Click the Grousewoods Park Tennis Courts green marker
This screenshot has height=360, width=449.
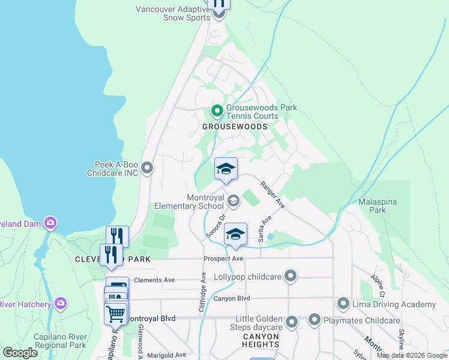pos(217,111)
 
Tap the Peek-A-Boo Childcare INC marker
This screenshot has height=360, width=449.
pos(148,168)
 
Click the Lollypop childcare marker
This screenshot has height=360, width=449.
pos(291,277)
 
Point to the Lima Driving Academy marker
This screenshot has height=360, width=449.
pos(343,304)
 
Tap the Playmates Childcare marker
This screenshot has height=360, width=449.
pos(315,320)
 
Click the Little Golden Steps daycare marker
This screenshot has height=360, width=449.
pos(292,322)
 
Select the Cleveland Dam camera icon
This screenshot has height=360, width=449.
pos(50,223)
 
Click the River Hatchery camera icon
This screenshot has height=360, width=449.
pos(60,304)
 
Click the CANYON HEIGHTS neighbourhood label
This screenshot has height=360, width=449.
pos(261,341)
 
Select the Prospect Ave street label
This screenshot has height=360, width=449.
pos(223,259)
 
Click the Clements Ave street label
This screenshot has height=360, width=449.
pos(154,280)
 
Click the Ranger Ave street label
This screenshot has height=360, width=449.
pos(272,195)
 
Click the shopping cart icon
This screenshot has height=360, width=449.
pos(115,313)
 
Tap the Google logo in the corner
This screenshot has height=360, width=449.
pos(20,353)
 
